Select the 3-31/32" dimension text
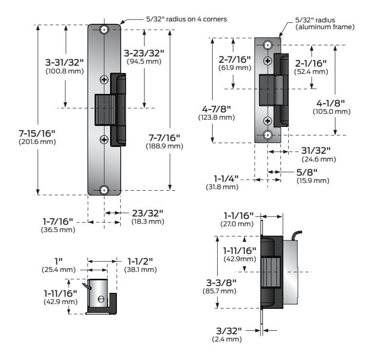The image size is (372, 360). (x=56, y=63)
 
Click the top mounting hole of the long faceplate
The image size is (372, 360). (x=104, y=30)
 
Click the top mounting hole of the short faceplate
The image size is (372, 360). (x=267, y=45)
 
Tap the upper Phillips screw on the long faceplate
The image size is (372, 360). (x=104, y=80)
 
